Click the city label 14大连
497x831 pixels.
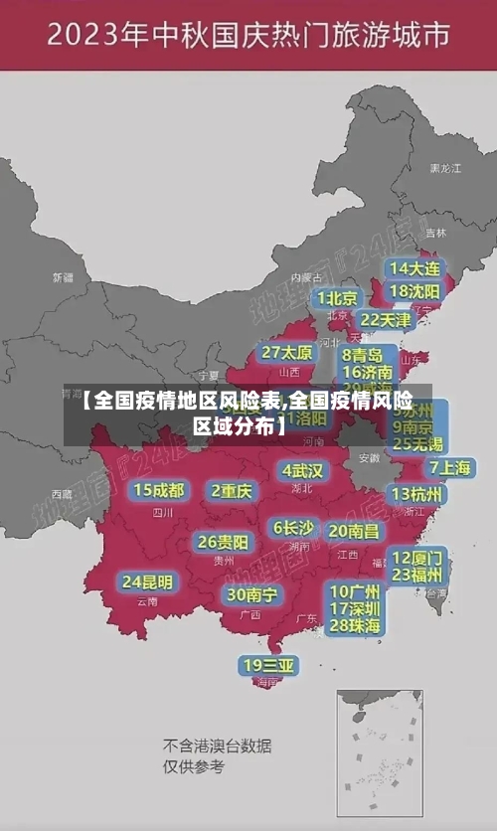click(x=414, y=268)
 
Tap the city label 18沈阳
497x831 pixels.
click(x=414, y=291)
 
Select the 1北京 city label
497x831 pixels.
click(x=337, y=298)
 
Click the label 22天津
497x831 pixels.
click(x=385, y=320)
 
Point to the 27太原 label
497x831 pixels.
click(x=287, y=353)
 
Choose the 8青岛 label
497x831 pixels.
click(x=363, y=355)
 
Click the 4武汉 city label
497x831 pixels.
click(x=302, y=470)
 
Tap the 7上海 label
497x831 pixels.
click(x=449, y=468)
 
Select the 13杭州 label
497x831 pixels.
click(x=417, y=494)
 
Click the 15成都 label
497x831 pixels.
click(x=159, y=490)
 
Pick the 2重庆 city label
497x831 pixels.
click(x=232, y=491)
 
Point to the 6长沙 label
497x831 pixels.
click(x=293, y=528)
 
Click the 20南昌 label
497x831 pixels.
click(x=354, y=531)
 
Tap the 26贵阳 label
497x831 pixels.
click(x=223, y=543)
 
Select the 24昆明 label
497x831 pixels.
click(x=147, y=582)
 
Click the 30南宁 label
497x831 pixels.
click(x=251, y=594)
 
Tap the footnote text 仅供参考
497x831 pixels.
click(x=194, y=766)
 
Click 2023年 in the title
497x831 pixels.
click(x=95, y=37)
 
